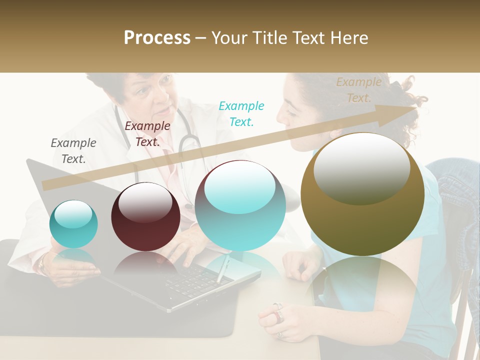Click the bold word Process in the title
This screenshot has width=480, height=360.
coord(157,38)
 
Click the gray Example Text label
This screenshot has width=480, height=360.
coord(73,150)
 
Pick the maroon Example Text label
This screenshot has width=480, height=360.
coord(147,134)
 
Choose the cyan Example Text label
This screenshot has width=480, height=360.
coord(241,113)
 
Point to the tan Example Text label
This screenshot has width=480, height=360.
coord(358,89)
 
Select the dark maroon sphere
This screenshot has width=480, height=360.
coord(145,217)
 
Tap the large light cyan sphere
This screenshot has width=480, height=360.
coord(240,205)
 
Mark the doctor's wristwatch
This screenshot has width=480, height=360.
coord(42,263)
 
